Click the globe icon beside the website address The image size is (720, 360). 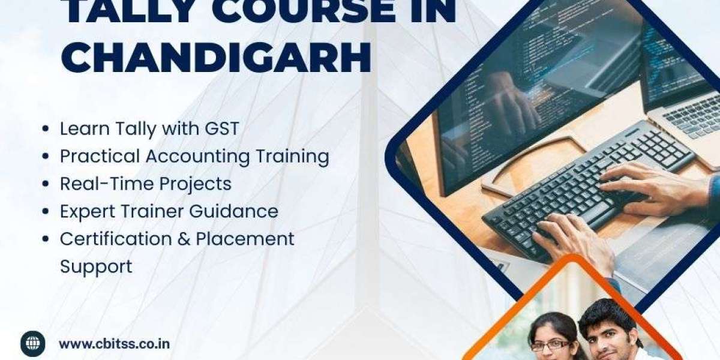pos(33,344)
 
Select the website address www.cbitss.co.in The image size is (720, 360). pos(115,344)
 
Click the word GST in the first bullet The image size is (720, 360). pos(222,128)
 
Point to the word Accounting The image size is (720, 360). pos(197,157)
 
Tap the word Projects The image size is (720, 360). pos(195,184)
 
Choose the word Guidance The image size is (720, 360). pos(233,211)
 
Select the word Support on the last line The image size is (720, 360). pos(96,267)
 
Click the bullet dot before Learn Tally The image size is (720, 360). pos(46,128)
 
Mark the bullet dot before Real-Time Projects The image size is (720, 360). pos(46,184)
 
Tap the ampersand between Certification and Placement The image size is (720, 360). pos(184,239)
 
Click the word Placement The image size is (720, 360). pos(245,239)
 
